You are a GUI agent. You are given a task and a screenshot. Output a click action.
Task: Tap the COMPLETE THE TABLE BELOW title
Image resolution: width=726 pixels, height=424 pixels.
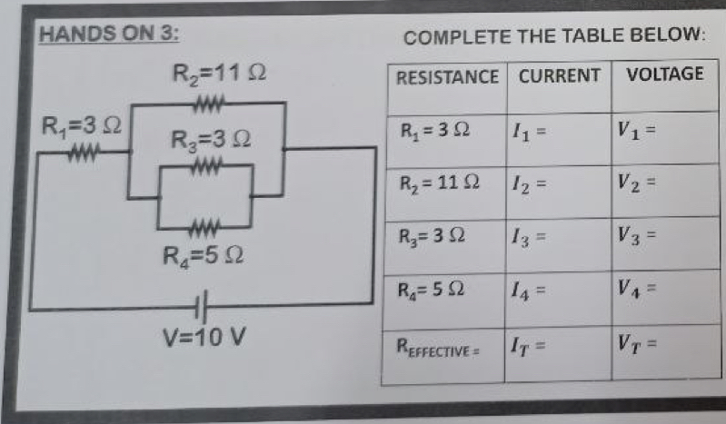(554, 38)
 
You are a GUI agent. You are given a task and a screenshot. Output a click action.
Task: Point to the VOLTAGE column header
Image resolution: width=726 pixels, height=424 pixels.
(665, 74)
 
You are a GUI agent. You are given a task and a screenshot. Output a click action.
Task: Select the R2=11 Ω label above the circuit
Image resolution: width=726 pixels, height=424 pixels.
(218, 72)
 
